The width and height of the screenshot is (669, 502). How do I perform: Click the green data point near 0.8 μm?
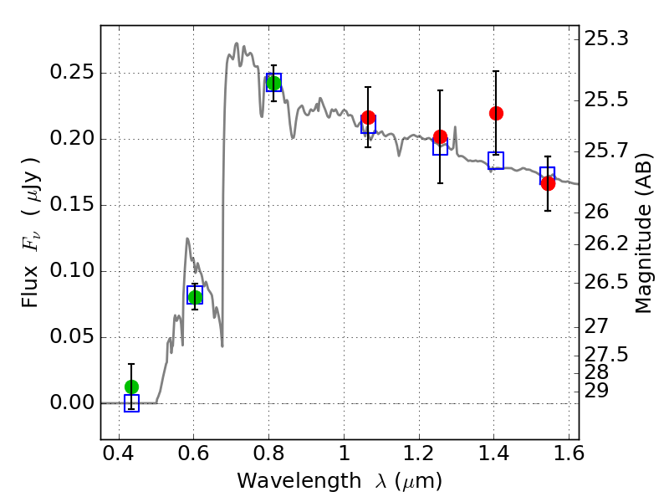273,82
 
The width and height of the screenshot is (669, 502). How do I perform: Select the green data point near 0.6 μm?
195,296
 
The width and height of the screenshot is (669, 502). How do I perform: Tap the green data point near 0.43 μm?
131,387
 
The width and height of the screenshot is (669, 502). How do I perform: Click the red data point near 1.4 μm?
496,113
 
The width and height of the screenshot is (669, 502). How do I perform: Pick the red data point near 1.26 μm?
440,136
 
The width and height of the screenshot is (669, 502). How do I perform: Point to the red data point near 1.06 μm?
368,117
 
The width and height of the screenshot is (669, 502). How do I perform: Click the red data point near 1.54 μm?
548,183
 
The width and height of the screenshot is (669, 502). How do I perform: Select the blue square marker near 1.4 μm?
496,161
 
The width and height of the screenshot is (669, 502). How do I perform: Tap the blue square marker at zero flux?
131,404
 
